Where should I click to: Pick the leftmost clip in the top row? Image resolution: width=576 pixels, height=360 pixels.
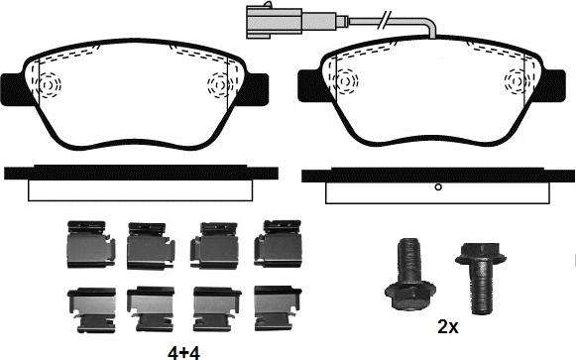click(x=84, y=244)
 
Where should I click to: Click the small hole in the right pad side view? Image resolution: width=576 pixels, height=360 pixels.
click(x=437, y=186)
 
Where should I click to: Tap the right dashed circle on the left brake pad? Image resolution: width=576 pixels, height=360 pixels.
click(x=217, y=86)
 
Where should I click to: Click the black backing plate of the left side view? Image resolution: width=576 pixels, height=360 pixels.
click(x=139, y=172)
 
